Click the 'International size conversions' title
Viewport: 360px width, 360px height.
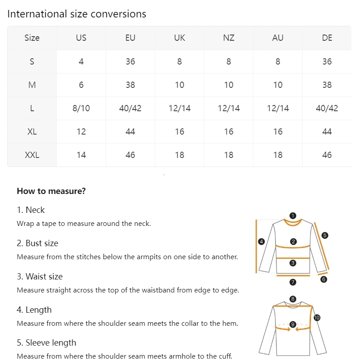click(76, 14)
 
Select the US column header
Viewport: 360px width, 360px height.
click(81, 38)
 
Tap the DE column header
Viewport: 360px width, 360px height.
click(327, 38)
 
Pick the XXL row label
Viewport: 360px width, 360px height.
click(32, 155)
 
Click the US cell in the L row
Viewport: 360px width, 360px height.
click(81, 108)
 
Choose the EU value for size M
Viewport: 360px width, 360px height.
click(130, 85)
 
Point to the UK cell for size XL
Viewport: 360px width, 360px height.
click(180, 131)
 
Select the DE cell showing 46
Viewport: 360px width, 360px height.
click(327, 155)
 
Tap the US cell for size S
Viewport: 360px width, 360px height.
click(81, 61)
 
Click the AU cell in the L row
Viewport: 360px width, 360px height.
click(278, 108)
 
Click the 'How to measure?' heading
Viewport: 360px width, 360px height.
click(51, 191)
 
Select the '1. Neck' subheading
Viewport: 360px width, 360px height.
click(31, 210)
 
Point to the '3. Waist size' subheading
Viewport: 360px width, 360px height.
click(40, 276)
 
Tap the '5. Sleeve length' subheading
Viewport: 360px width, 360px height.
click(46, 342)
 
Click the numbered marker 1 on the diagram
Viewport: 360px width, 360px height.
click(293, 216)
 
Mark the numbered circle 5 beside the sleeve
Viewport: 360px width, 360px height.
click(325, 235)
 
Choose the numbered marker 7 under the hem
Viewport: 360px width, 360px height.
click(293, 282)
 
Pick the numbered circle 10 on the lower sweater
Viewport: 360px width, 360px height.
click(317, 318)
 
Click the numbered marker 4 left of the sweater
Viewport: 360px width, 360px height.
click(261, 242)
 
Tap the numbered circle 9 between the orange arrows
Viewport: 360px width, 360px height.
click(293, 324)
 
